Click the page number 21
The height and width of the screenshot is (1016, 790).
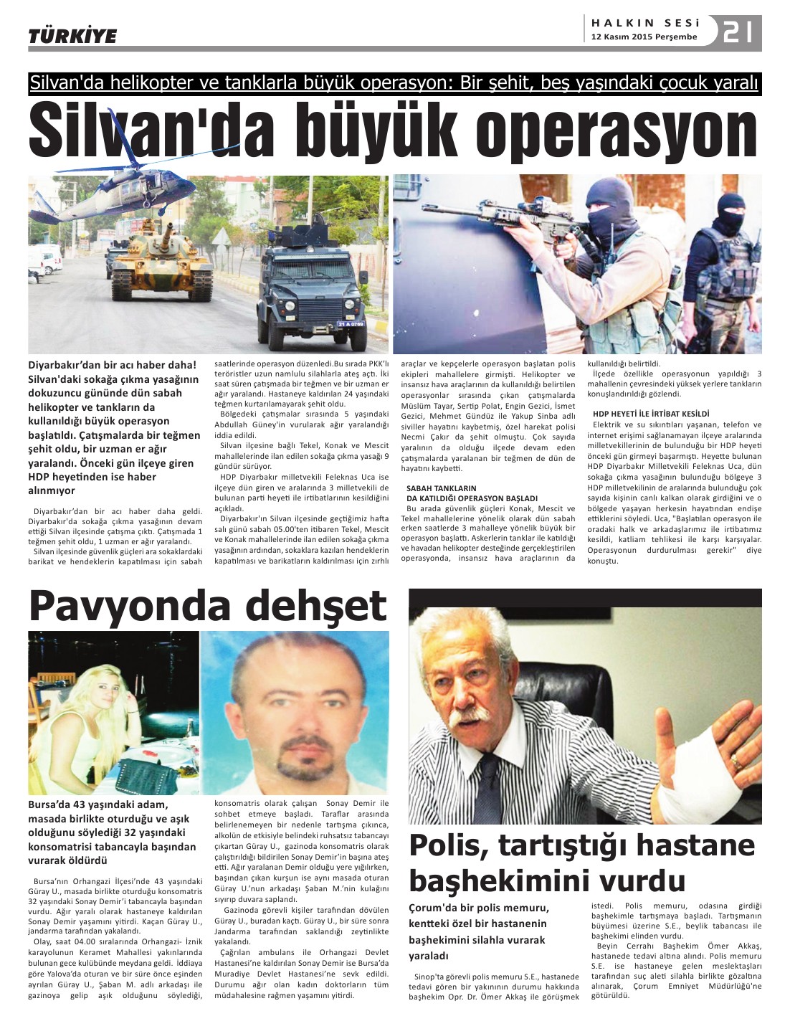(738, 32)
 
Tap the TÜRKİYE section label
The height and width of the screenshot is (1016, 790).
(72, 35)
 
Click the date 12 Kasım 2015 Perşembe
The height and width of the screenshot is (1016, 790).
(644, 37)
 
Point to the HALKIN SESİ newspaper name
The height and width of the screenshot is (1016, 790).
(644, 22)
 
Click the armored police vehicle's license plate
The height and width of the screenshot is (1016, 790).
(351, 324)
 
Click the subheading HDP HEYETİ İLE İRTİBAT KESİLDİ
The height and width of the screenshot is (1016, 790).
(651, 414)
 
